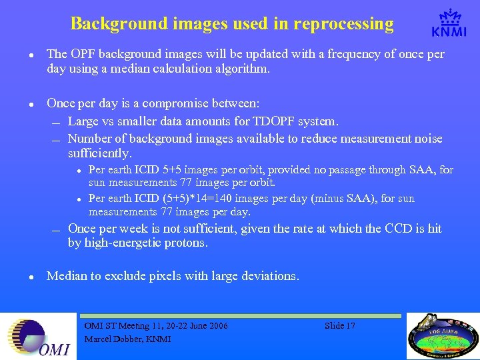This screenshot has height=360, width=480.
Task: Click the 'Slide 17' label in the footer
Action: (340, 326)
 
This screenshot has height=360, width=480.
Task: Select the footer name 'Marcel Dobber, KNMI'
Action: (127, 339)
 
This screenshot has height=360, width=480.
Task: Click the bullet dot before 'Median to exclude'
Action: (23, 275)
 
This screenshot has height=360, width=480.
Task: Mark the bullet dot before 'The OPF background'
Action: (23, 54)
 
